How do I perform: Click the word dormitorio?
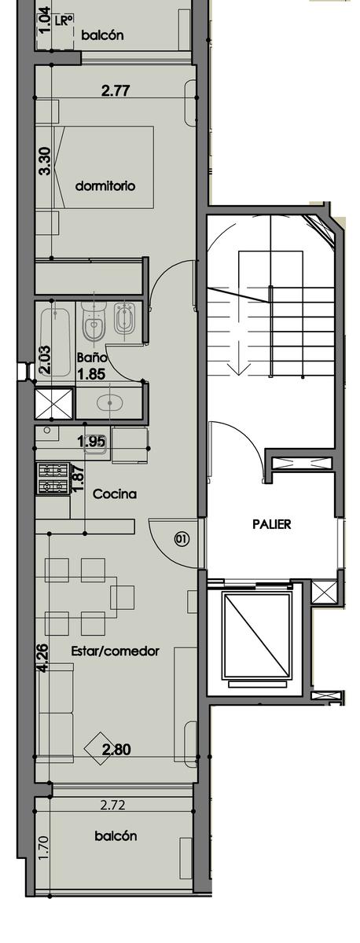click(x=105, y=185)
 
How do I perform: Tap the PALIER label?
click(x=272, y=524)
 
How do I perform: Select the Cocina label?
click(x=115, y=494)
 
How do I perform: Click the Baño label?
click(x=91, y=358)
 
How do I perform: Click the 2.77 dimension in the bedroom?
click(x=116, y=90)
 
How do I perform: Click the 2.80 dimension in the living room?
click(x=116, y=750)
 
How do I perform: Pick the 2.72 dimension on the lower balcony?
click(x=113, y=805)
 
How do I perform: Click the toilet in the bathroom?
click(x=94, y=321)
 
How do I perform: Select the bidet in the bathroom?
click(x=125, y=321)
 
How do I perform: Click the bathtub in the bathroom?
click(x=56, y=343)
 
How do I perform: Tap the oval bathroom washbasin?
click(x=110, y=403)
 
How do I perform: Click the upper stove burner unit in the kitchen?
click(x=53, y=470)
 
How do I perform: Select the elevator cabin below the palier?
click(x=256, y=636)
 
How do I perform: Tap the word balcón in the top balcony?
click(x=102, y=35)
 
